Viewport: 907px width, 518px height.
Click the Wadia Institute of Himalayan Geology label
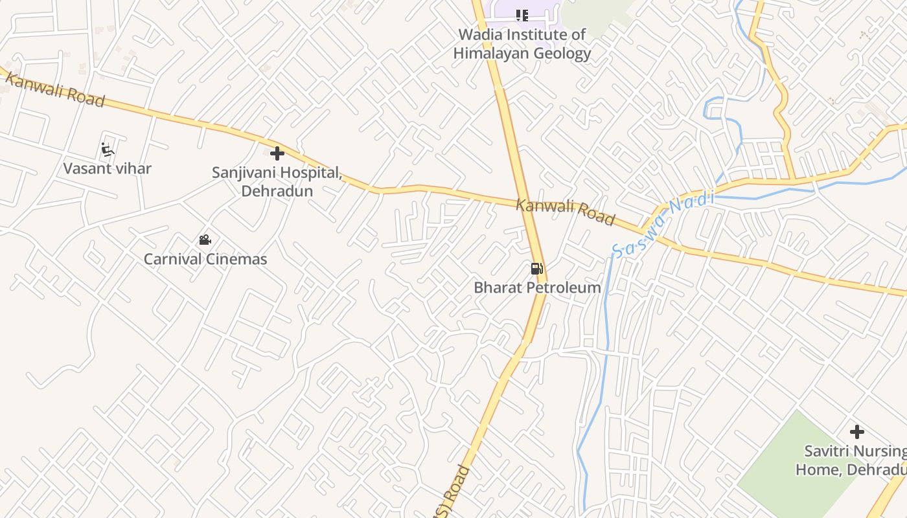[x=522, y=44]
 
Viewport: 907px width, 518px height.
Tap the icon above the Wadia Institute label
[x=522, y=15]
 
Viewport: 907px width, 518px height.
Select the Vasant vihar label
[x=108, y=169]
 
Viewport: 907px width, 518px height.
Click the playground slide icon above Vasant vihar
[x=108, y=150]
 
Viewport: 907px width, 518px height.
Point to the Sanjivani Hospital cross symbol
[x=277, y=153]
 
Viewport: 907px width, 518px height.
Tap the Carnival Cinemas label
[x=205, y=260]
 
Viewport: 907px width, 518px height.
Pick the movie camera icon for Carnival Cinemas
[x=205, y=240]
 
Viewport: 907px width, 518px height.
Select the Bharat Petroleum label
[x=537, y=287]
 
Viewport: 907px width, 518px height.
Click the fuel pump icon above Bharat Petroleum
[x=536, y=268]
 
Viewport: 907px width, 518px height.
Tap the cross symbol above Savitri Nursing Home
[x=856, y=432]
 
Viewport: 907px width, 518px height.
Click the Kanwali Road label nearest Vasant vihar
[x=54, y=90]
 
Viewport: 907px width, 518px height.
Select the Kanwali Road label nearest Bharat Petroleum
[x=565, y=212]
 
